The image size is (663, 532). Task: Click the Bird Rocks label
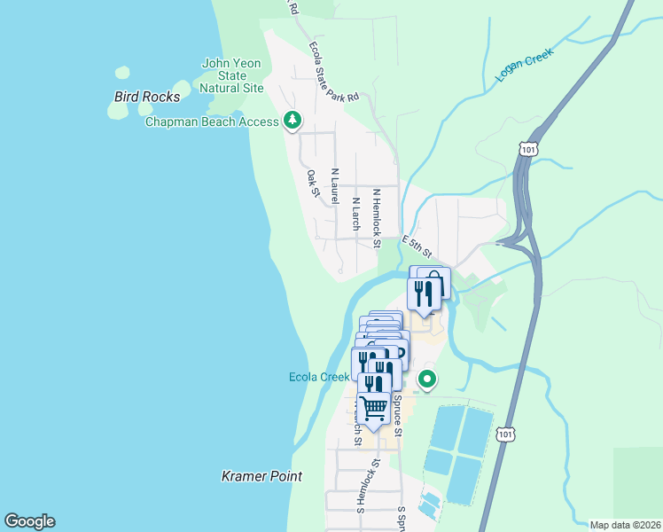147,97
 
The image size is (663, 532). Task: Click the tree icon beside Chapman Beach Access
292,120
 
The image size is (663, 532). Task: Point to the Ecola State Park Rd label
333,71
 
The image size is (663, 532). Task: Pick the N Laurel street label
334,186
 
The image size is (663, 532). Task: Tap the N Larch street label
355,213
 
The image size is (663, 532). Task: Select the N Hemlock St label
377,217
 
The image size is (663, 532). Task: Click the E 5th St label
416,246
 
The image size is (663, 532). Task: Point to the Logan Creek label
525,66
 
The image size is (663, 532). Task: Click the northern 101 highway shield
528,148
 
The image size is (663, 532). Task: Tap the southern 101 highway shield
505,434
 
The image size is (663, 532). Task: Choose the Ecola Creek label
319,377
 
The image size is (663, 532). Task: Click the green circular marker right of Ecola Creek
427,380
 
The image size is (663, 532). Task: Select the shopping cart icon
375,408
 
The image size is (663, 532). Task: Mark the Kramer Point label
261,476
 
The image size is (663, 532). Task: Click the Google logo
29,521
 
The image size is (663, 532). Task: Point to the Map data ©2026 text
625,525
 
